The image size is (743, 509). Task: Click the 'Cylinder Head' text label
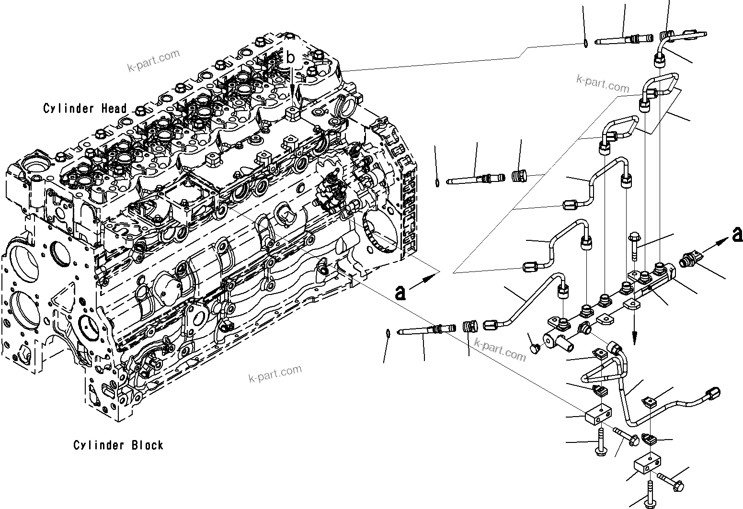tap(85, 109)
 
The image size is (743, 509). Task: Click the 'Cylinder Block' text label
tap(118, 445)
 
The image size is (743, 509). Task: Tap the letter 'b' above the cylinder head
tap(290, 58)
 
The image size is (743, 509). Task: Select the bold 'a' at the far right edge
tap(737, 235)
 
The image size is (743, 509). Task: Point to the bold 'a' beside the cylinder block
tap(400, 292)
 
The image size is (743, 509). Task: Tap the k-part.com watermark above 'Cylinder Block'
tap(275, 373)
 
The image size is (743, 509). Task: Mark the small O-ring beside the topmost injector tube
tap(585, 45)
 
